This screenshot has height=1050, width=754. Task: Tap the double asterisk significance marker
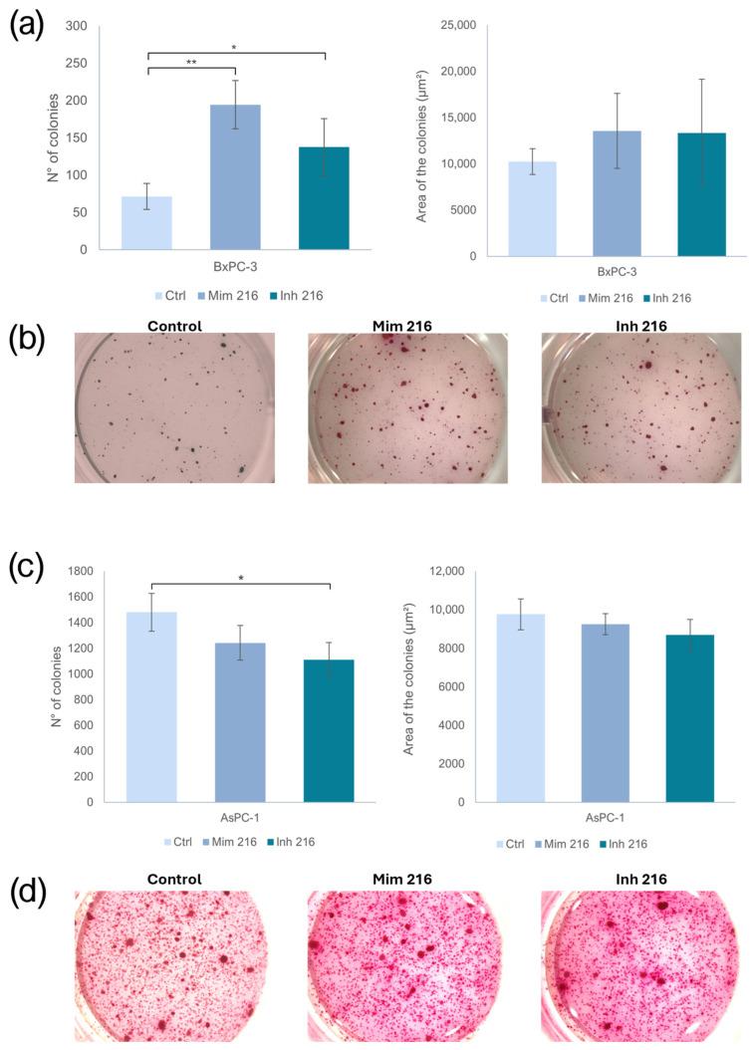point(191,62)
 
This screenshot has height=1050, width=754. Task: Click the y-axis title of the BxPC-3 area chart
point(422,138)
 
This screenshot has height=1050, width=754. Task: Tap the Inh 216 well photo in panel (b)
point(641,407)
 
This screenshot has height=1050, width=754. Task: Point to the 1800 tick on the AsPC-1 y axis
point(90,572)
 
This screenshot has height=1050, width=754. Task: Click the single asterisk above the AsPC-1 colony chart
point(240,577)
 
